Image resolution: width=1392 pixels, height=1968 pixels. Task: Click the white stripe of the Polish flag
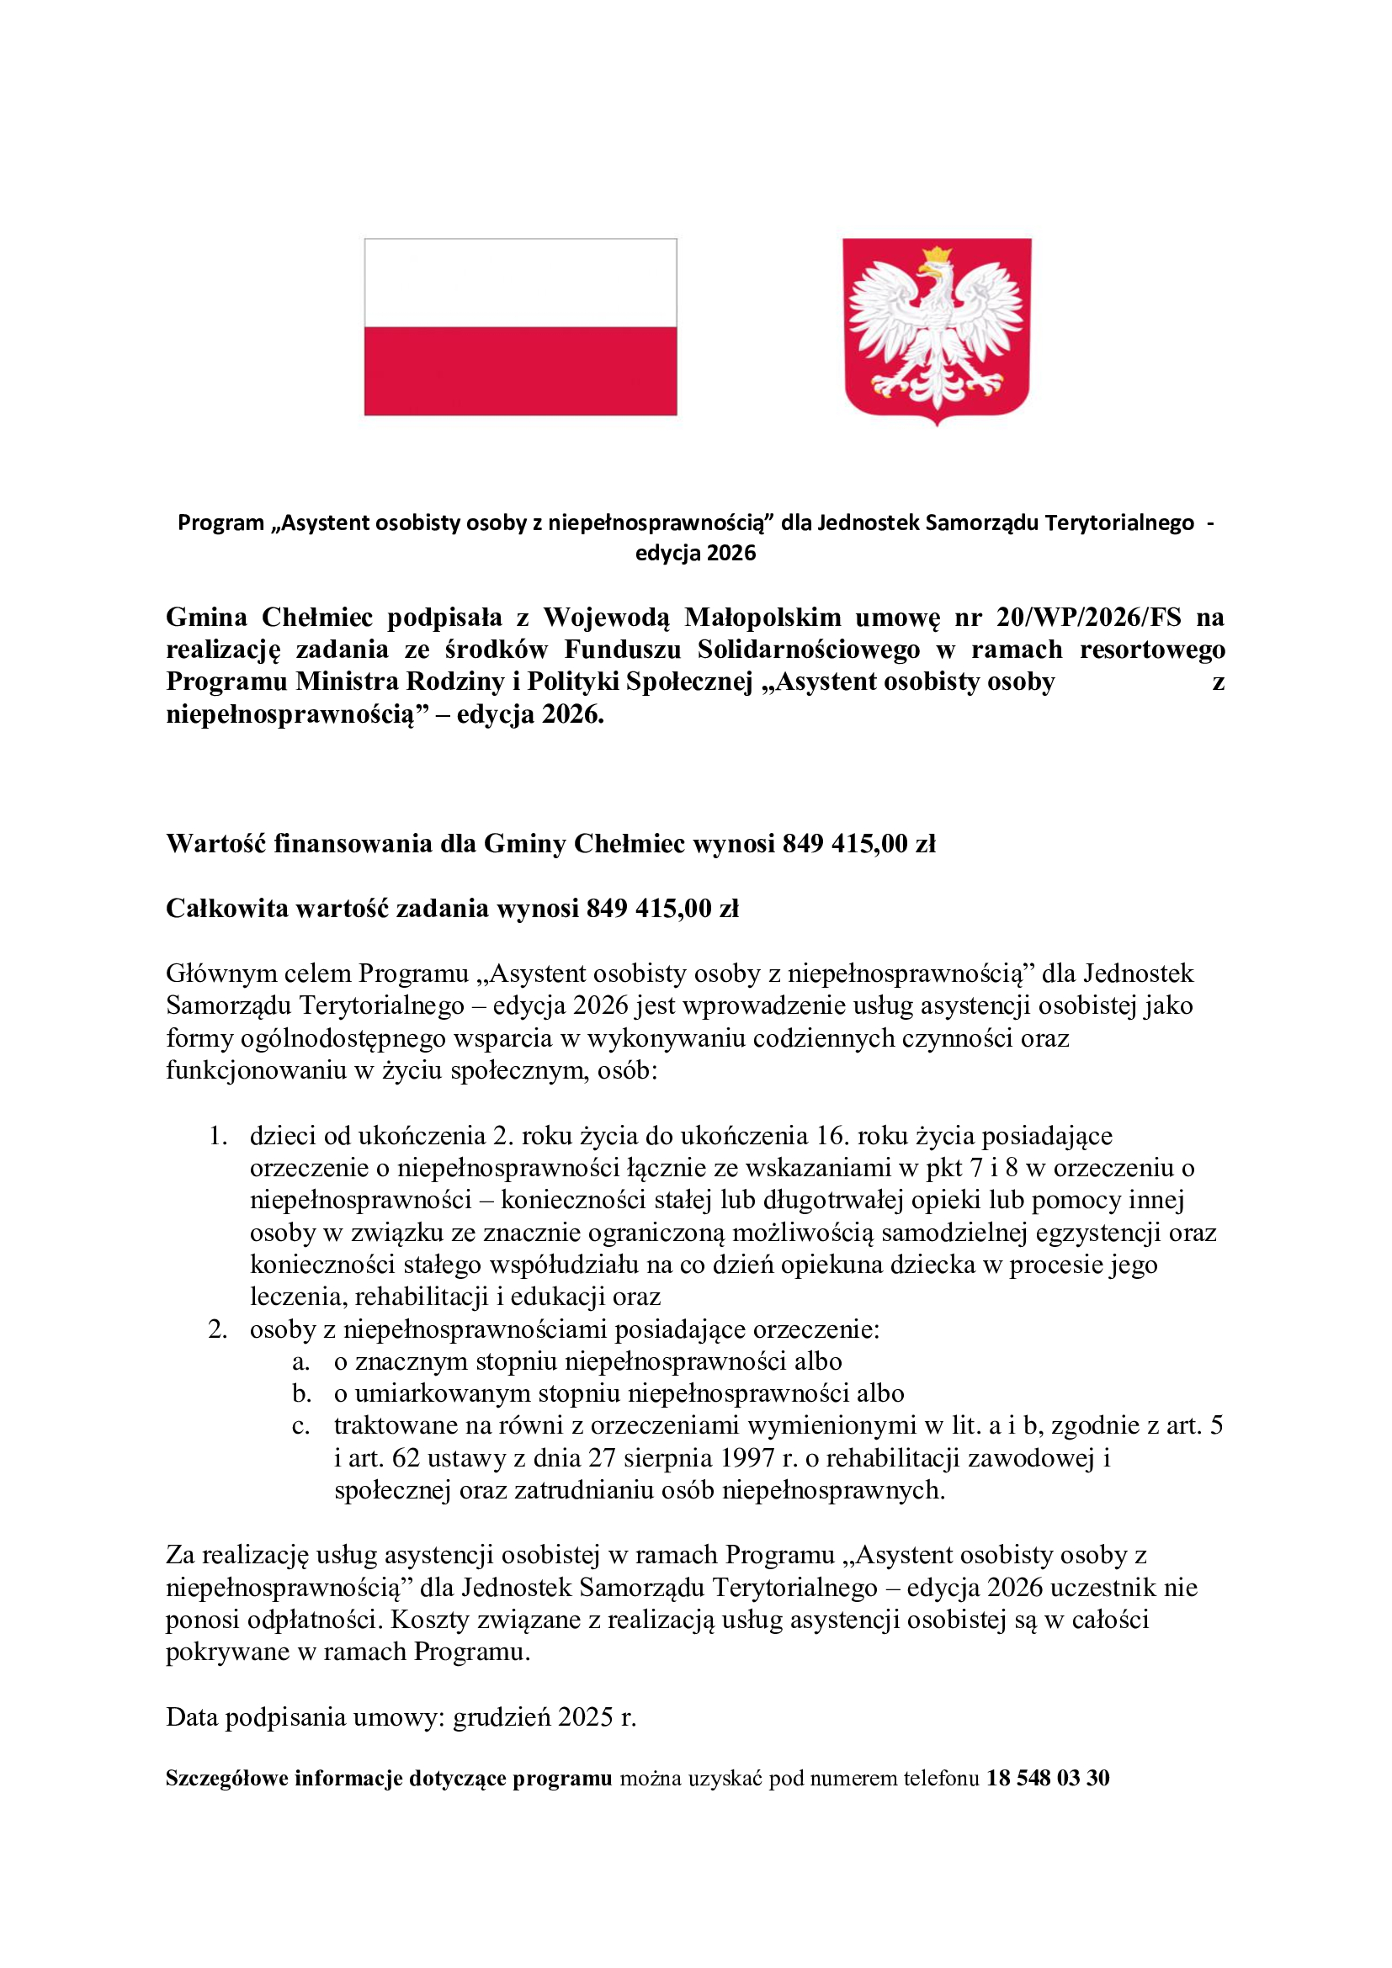520,283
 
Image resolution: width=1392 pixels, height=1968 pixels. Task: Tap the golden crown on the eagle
938,255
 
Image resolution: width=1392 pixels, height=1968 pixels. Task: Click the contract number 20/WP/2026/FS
1088,617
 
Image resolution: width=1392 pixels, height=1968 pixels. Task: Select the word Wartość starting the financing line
216,844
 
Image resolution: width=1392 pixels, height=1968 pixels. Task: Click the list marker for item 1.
218,1137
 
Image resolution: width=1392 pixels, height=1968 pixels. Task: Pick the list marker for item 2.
218,1329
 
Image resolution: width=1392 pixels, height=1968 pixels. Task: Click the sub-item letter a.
300,1362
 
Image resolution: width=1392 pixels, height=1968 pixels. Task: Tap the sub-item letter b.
300,1393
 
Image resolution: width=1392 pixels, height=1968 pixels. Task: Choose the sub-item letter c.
300,1426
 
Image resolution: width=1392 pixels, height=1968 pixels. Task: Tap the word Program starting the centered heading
220,523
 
